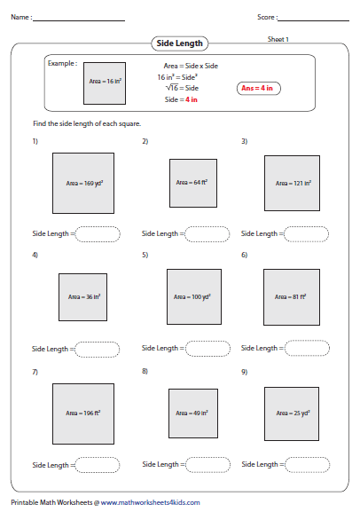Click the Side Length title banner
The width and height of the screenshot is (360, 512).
pos(180,43)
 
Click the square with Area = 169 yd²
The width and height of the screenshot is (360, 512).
pos(83,183)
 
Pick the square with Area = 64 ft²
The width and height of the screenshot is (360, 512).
pos(192,183)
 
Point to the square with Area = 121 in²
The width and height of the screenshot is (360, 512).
pos(292,183)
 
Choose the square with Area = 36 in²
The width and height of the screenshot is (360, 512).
pos(82,297)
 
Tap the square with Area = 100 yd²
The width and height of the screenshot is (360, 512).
pos(193,297)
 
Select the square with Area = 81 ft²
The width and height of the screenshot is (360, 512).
pos(292,297)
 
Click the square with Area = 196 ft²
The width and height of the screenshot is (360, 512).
pos(83,413)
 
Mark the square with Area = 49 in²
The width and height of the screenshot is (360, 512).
pos(192,413)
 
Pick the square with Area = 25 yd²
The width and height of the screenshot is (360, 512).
pos(292,413)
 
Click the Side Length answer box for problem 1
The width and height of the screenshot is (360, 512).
pos(98,234)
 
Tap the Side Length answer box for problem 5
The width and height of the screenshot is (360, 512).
pos(208,349)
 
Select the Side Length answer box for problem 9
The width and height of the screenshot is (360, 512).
pos(307,464)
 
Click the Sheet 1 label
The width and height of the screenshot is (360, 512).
pos(278,39)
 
